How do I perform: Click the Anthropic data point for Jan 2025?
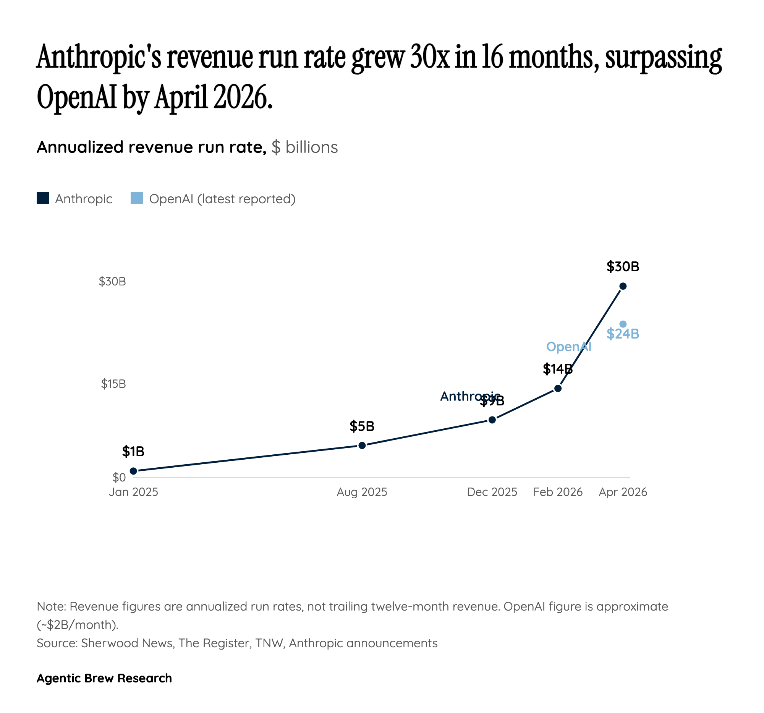point(133,471)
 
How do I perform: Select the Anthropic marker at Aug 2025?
point(362,445)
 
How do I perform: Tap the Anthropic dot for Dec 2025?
point(492,419)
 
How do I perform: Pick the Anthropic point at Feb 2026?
point(558,388)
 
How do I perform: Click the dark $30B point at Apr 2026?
point(623,286)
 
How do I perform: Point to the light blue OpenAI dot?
point(623,324)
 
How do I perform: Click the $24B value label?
point(623,334)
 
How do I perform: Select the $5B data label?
point(362,426)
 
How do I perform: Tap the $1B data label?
point(133,451)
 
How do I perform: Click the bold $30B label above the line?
point(623,266)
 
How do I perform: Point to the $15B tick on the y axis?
point(113,384)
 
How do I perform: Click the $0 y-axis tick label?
point(119,477)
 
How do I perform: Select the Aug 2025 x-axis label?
point(362,492)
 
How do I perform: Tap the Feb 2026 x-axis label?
point(558,492)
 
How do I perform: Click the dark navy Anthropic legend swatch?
point(43,198)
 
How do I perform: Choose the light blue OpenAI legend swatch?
point(137,198)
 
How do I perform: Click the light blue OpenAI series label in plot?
point(568,347)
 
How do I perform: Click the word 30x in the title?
point(429,57)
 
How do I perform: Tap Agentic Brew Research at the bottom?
point(104,678)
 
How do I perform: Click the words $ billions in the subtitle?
point(304,147)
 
